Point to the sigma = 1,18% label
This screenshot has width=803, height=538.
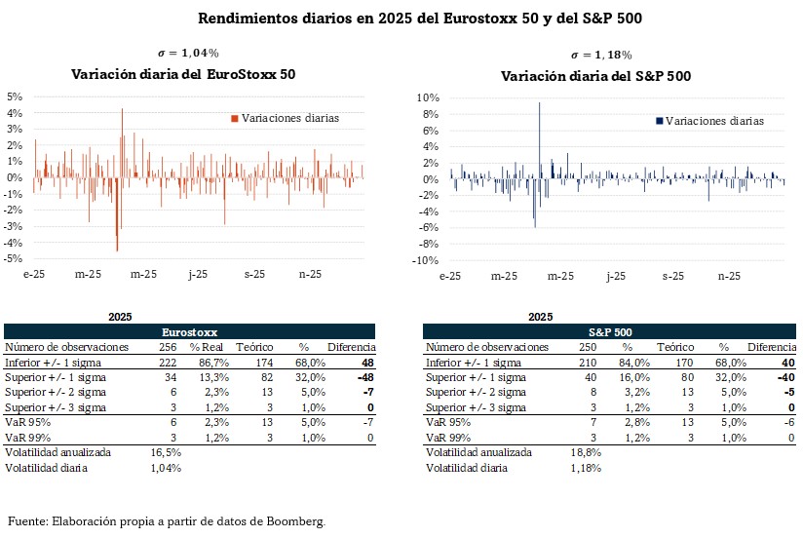click(601, 56)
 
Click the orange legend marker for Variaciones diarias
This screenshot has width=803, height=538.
click(234, 118)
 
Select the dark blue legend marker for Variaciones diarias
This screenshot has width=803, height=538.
click(660, 121)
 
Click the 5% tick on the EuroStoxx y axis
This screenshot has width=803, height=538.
click(15, 96)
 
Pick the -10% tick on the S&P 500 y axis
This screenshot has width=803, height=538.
click(427, 261)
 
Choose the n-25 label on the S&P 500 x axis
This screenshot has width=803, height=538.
click(730, 277)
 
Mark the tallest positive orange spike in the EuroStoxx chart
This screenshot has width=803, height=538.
click(122, 110)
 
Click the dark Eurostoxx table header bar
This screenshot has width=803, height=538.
click(191, 332)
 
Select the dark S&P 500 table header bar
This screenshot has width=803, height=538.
click(609, 332)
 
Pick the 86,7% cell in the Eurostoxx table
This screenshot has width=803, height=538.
click(214, 362)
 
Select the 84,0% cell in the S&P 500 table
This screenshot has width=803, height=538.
click(629, 362)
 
